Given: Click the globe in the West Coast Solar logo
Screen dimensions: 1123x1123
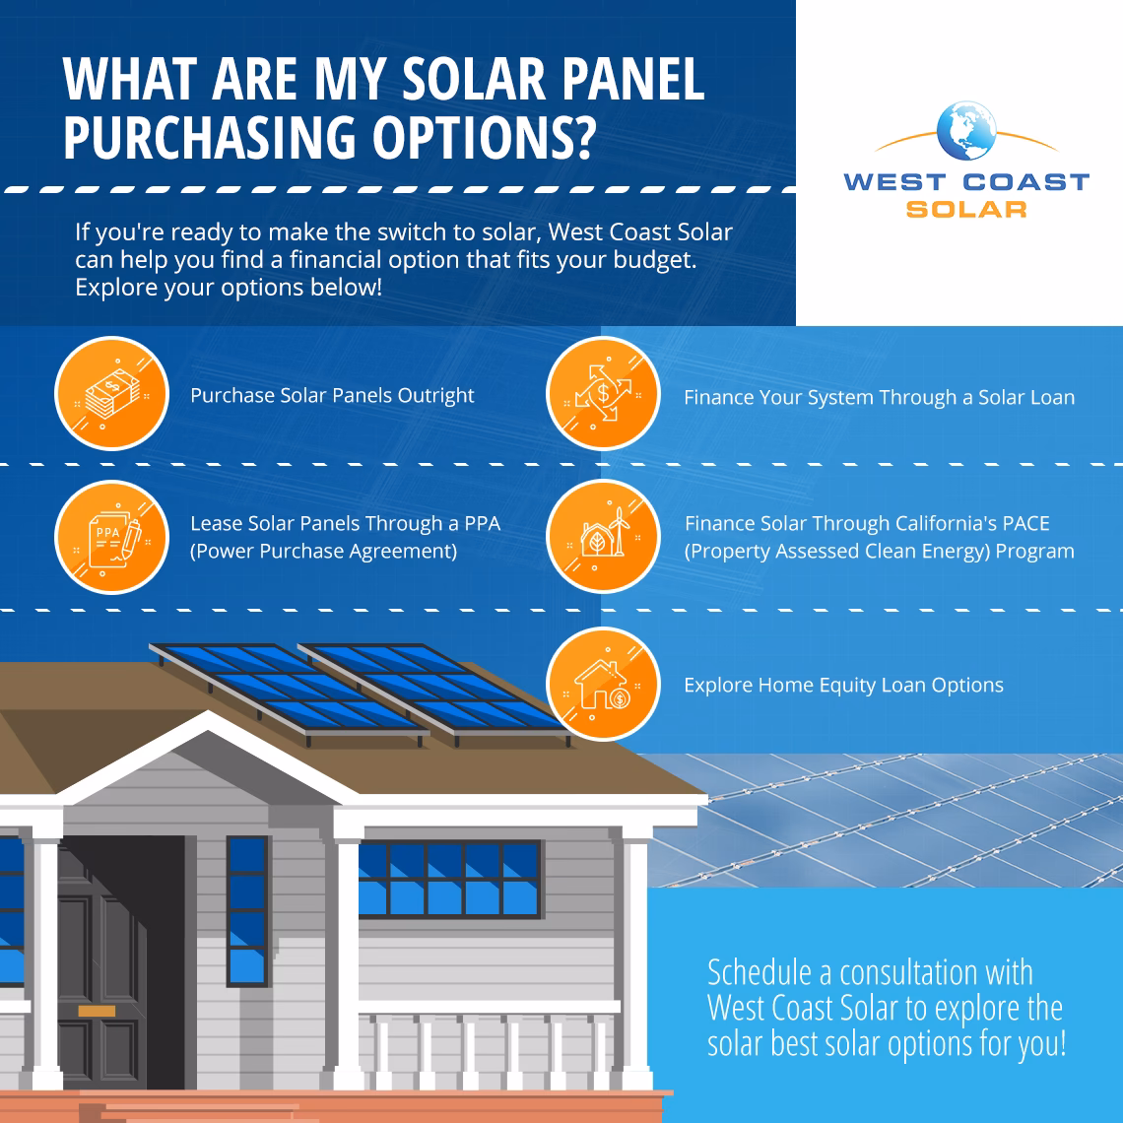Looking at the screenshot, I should point(967,130).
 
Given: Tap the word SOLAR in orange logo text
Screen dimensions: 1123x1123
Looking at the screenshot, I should point(966,209).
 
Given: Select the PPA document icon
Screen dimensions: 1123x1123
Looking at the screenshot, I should point(110,538).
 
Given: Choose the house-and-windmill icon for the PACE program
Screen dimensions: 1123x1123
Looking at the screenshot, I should point(602,538).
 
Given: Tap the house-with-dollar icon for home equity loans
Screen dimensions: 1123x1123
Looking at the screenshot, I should point(602,684).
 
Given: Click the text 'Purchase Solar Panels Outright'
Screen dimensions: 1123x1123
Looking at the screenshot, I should point(332,396).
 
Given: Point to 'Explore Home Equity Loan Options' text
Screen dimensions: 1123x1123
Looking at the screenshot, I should point(843,686).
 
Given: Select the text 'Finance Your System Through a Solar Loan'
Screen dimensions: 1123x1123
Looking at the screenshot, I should point(879,398).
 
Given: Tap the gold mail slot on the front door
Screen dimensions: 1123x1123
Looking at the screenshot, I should point(97,1011).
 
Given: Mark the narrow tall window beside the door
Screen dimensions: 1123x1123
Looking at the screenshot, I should point(247,909).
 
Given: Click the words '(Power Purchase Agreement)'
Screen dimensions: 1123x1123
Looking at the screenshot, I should point(323,552).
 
